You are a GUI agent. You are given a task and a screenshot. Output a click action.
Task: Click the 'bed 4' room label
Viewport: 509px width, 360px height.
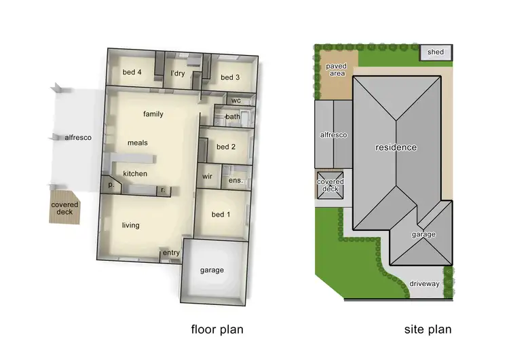(x=132, y=73)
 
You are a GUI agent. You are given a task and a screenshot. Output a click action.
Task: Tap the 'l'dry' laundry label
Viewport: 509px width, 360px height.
(x=178, y=73)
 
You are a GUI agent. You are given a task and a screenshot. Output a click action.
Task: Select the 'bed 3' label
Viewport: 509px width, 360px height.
(x=230, y=77)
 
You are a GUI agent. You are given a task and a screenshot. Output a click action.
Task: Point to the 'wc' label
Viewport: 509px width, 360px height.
(x=236, y=101)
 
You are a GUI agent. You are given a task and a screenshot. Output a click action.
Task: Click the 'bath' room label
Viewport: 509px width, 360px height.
(x=233, y=117)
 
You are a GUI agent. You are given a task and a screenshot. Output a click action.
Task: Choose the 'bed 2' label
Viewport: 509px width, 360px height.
(x=226, y=147)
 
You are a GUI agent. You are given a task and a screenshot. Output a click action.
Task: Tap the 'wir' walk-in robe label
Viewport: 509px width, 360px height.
(x=208, y=177)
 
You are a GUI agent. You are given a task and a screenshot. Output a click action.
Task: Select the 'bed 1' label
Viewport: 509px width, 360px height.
(x=221, y=215)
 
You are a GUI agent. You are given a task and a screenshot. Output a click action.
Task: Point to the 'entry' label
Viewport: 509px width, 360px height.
(x=171, y=253)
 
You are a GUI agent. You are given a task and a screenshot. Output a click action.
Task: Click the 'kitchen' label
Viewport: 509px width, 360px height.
(x=135, y=174)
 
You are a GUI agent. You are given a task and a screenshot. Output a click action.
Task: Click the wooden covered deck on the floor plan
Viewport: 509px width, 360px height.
(x=65, y=209)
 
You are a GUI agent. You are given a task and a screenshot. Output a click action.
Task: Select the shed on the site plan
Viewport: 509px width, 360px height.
(x=436, y=52)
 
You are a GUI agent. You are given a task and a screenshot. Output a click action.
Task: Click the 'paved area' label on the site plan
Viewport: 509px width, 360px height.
(x=337, y=70)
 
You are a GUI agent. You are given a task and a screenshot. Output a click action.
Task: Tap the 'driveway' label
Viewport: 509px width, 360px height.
(x=425, y=283)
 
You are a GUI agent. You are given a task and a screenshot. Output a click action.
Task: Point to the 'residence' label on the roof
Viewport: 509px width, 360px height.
(x=397, y=147)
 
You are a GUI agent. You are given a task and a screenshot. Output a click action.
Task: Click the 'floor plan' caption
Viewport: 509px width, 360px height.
(x=216, y=330)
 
